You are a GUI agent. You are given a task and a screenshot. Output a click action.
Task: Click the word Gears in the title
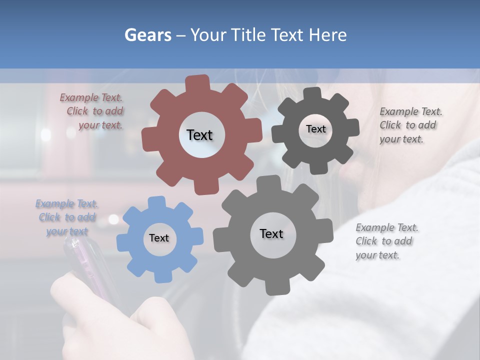coord(147,35)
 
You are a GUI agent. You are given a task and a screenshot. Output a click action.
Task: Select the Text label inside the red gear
coord(199,135)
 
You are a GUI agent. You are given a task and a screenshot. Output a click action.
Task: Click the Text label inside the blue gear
coord(159,238)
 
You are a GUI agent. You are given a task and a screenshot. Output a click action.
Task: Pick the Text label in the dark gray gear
coord(315,129)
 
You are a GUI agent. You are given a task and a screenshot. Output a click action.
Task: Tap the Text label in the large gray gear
coord(271,233)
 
